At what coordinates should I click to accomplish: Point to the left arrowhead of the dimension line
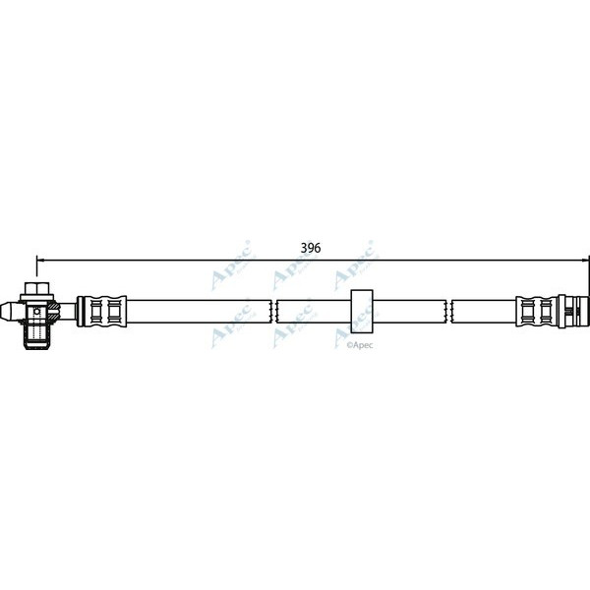click(40, 261)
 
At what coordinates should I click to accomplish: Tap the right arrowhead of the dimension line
click(584, 261)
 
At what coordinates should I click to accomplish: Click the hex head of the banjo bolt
click(35, 287)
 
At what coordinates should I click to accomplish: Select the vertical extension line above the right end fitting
click(588, 275)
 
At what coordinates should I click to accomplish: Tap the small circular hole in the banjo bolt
click(35, 311)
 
